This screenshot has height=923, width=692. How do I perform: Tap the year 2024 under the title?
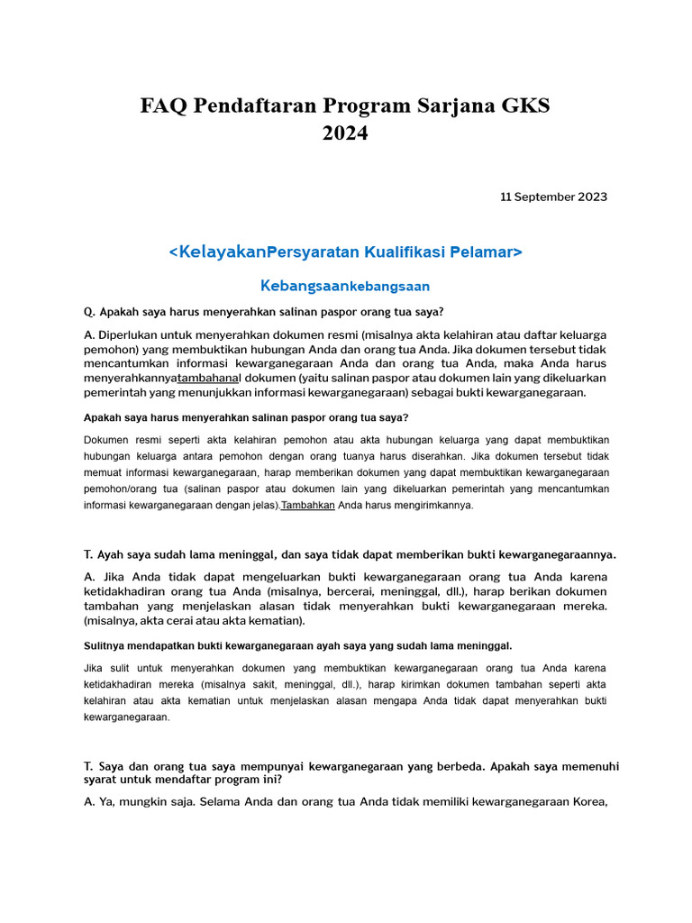point(345,133)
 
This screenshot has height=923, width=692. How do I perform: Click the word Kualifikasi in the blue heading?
point(405,251)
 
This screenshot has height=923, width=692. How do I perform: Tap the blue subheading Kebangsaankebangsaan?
point(345,286)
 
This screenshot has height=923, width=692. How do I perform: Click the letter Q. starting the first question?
point(89,312)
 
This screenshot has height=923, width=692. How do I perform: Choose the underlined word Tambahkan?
point(308,506)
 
